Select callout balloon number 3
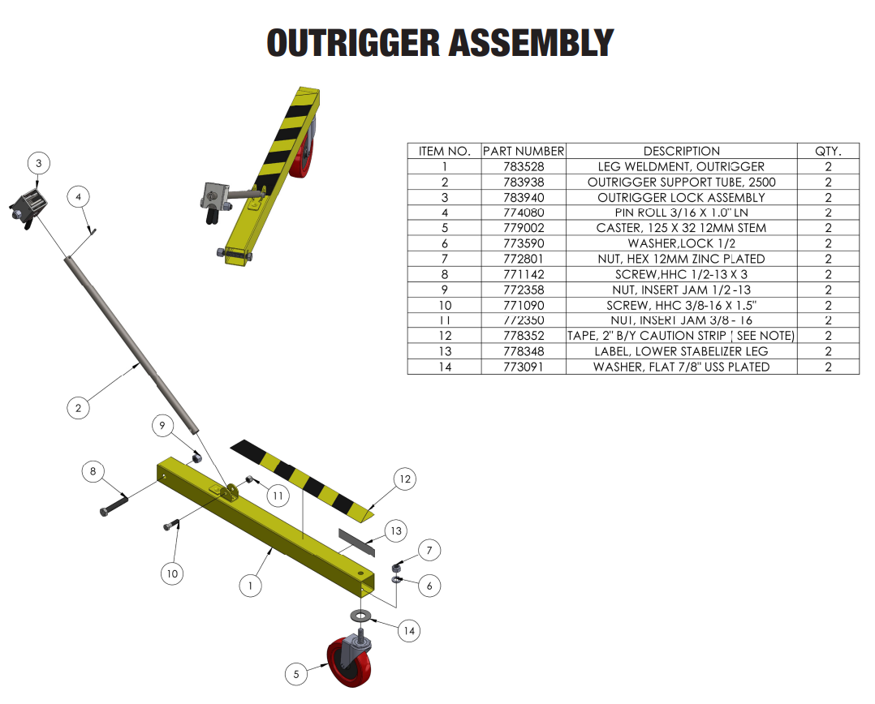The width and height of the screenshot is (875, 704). pyautogui.click(x=38, y=163)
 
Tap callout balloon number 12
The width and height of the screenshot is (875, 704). pyautogui.click(x=405, y=479)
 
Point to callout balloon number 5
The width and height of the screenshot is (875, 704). pyautogui.click(x=296, y=673)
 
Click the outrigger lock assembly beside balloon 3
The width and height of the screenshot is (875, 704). pyautogui.click(x=29, y=206)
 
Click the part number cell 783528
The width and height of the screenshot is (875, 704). pyautogui.click(x=524, y=166)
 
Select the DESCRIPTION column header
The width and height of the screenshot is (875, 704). pyautogui.click(x=681, y=151)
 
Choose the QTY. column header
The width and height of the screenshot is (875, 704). pyautogui.click(x=828, y=151)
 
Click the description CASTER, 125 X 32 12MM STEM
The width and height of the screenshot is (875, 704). pyautogui.click(x=681, y=228)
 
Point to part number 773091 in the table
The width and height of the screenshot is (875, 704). pyautogui.click(x=524, y=367)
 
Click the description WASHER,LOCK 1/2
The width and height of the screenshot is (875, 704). pyautogui.click(x=681, y=243)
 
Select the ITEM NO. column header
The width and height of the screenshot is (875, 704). pyautogui.click(x=444, y=151)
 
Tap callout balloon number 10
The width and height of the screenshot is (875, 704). pyautogui.click(x=172, y=573)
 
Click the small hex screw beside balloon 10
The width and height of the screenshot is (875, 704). pyautogui.click(x=172, y=525)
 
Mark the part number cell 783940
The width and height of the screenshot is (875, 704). pyautogui.click(x=524, y=197)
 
